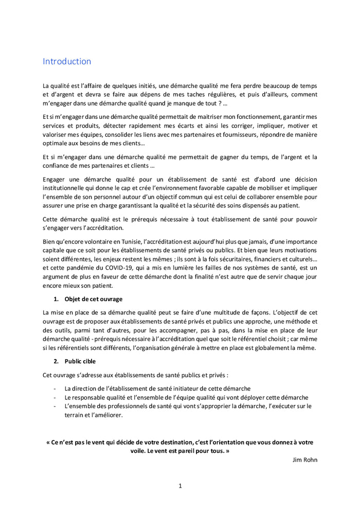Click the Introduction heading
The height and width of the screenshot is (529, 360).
[x=67, y=61]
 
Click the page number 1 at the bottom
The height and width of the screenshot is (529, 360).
[x=180, y=485]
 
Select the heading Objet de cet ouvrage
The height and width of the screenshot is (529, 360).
[x=94, y=299]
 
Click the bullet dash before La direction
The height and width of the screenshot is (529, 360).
[x=55, y=389]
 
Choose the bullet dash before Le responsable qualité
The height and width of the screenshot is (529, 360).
[x=55, y=398]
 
